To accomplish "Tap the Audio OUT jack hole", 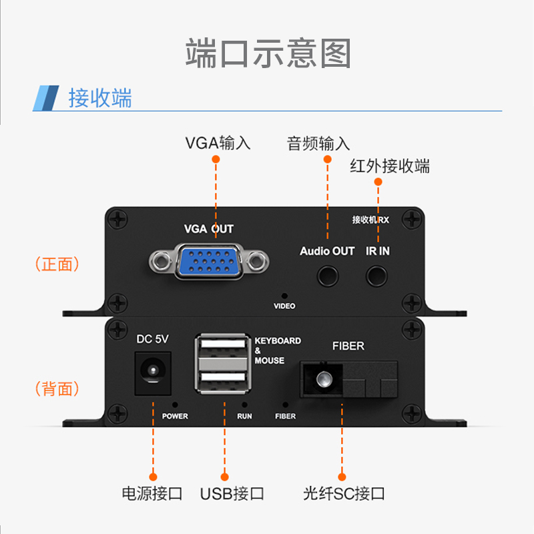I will tap(327, 275).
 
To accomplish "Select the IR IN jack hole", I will tap(376, 275).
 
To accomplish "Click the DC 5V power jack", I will tap(153, 372).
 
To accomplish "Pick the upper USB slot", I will tap(224, 351).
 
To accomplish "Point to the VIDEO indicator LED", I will tap(284, 295).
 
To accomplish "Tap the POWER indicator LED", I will tap(175, 405).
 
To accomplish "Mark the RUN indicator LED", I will tap(245, 405).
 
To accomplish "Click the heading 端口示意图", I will tap(268, 53).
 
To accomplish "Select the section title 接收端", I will tap(100, 98).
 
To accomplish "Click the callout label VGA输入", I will tap(218, 142).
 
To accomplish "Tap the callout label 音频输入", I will tap(318, 144).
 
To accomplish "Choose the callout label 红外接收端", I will tap(390, 166).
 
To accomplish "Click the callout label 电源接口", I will tap(152, 494).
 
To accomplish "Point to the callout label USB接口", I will tap(232, 494).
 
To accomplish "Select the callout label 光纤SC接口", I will tap(344, 494).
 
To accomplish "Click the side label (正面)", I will tap(57, 264).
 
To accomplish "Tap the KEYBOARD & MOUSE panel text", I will tap(278, 350).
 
